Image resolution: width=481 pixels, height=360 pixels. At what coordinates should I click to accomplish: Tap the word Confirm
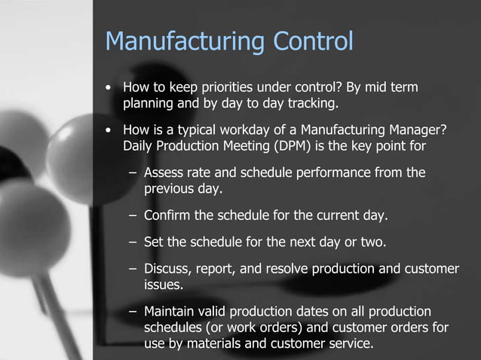[x=167, y=216]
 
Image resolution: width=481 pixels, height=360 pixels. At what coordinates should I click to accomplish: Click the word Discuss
[x=167, y=270]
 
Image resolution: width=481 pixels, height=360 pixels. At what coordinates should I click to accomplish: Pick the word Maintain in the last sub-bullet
[x=170, y=312]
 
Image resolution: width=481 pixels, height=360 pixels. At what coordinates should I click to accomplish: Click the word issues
[x=164, y=285]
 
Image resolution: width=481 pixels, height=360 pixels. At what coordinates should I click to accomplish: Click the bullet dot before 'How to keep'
[x=110, y=90]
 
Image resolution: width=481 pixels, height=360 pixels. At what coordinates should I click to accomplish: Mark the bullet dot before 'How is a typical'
[x=110, y=130]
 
